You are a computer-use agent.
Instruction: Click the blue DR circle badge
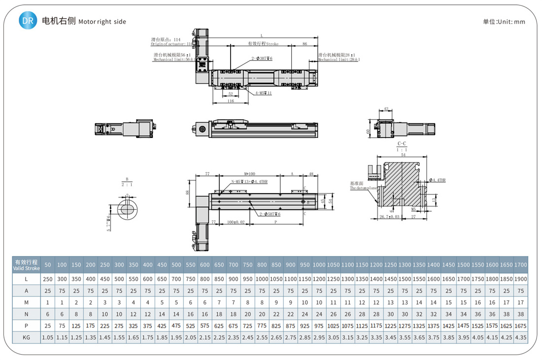pos(28,21)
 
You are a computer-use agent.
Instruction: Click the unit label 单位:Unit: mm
pos(504,22)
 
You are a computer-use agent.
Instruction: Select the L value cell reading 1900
pos(520,279)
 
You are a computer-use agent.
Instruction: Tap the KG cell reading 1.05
pos(48,337)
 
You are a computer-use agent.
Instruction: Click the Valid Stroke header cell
pos(27,265)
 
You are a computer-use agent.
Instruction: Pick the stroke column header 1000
pos(319,265)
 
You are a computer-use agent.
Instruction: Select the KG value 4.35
pos(520,337)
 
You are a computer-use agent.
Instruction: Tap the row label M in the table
pos(27,302)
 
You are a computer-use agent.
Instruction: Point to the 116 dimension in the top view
pos(231,101)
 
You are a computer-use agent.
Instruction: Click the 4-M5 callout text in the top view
pos(264,93)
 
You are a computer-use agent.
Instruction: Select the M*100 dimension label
pos(250,174)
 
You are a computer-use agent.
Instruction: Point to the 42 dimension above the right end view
pos(386,109)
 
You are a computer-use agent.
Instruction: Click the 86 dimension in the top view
pos(305,44)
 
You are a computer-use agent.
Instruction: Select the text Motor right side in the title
pos(102,22)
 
